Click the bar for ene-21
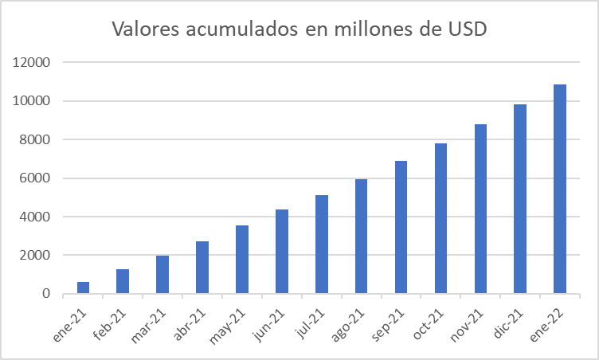click(83, 288)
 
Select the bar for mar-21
click(162, 275)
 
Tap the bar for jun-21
click(282, 252)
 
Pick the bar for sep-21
click(401, 227)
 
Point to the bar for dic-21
click(521, 199)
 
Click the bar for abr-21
click(202, 268)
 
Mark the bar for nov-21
click(481, 209)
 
